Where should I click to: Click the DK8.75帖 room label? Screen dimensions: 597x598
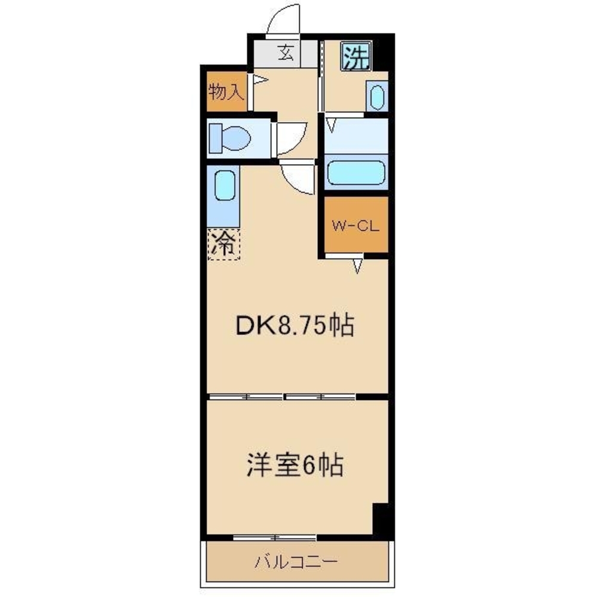[294, 326]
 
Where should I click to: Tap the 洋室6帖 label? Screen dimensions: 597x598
[295, 465]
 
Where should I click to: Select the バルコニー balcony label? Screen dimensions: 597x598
[297, 562]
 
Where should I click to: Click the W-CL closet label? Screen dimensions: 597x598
[356, 226]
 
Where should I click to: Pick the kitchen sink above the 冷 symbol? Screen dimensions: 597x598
[224, 187]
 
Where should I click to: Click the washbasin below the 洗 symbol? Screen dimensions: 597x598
[376, 97]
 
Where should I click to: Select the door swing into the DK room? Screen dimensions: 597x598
[299, 178]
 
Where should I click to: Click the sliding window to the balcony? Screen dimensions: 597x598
[274, 537]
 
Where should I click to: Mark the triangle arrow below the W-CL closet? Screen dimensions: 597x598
[357, 266]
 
